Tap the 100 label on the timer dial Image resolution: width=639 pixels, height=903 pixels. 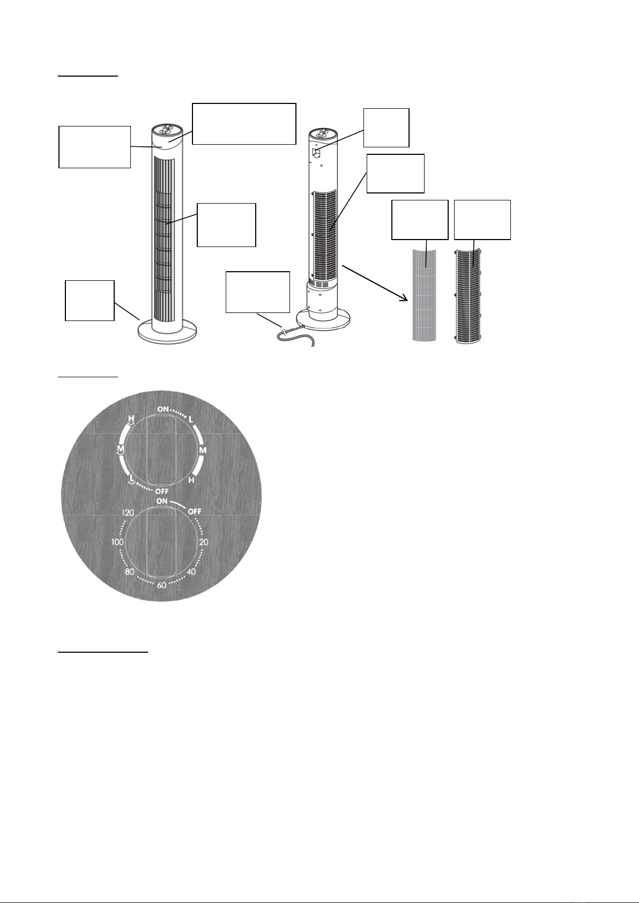tap(118, 542)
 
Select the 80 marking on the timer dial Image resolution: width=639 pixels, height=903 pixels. tap(129, 572)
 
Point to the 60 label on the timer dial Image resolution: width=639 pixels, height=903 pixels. tap(162, 585)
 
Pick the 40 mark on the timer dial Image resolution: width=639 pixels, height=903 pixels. tap(191, 572)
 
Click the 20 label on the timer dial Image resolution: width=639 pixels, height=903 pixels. tap(204, 542)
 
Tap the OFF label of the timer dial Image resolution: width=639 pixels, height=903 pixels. tap(195, 511)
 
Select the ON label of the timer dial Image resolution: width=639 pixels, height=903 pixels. tap(162, 501)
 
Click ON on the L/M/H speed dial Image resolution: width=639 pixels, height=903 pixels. tap(163, 409)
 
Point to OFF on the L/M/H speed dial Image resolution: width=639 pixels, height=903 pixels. tap(162, 492)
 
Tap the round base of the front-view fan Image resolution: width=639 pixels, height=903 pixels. tap(167, 332)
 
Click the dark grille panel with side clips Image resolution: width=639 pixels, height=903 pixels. tap(468, 296)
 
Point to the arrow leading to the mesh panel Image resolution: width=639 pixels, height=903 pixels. tap(375, 282)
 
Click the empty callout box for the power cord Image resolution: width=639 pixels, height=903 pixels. tap(258, 292)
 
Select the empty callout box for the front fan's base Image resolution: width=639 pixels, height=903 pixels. tap(90, 301)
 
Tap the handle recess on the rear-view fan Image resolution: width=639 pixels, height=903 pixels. tap(317, 153)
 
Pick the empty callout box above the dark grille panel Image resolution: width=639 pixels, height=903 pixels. tap(482, 220)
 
